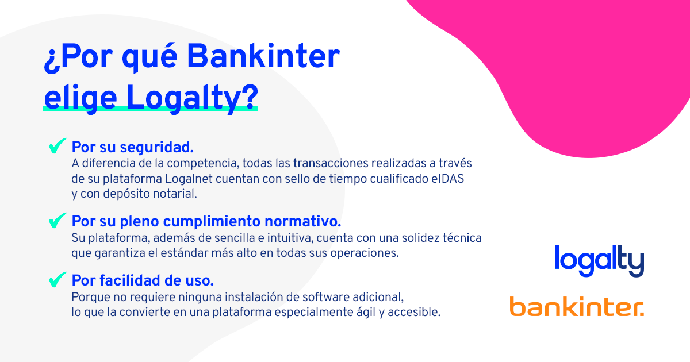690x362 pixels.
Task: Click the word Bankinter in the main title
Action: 263,56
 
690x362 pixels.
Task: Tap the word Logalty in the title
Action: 192,98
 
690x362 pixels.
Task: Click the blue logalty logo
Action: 599,261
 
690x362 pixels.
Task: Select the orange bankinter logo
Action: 577,307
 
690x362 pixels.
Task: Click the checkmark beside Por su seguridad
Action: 57,145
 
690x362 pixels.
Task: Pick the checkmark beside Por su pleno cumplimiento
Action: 57,221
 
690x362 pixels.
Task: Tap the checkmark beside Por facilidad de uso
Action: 57,279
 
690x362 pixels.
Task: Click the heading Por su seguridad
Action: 133,147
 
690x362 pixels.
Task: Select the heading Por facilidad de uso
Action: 143,280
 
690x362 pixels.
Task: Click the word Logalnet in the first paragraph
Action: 189,179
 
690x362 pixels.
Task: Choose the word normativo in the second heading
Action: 303,221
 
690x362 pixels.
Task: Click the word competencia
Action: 203,164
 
